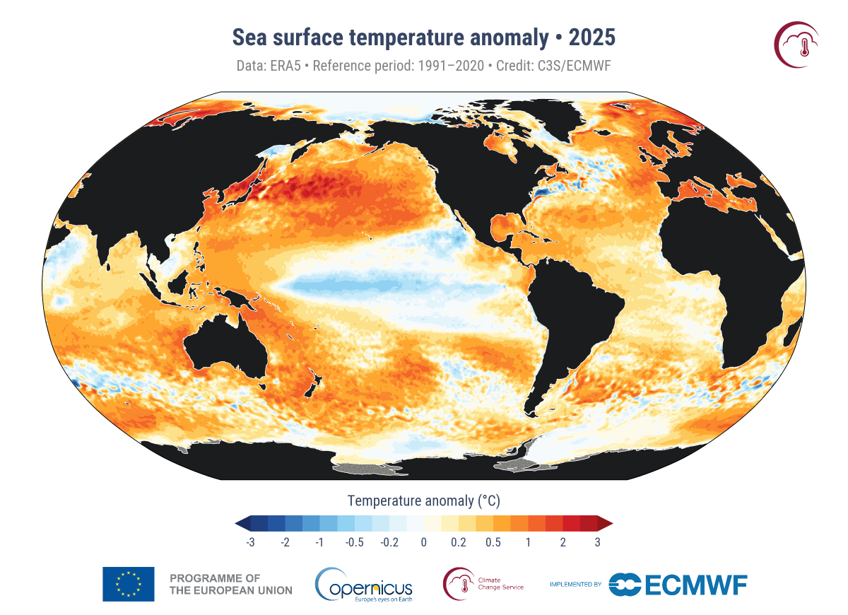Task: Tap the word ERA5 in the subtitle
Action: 282,66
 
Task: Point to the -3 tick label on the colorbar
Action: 249,542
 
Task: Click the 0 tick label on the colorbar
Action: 424,542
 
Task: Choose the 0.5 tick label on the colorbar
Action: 493,542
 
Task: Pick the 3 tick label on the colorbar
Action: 598,542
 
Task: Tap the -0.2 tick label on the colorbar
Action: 389,542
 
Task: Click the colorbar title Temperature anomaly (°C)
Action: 424,501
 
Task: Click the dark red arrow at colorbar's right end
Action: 606,523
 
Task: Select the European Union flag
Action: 128,584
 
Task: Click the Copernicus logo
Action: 364,585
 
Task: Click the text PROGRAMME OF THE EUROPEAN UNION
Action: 231,584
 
